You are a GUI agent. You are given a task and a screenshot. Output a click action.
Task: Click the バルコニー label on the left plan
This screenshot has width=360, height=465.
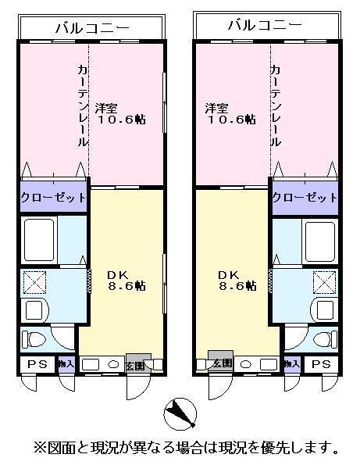coord(91,28)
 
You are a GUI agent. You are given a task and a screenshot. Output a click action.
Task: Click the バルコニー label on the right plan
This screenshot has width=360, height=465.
coord(265,26)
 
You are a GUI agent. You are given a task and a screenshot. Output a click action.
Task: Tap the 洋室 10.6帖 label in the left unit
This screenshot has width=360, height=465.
coord(120,113)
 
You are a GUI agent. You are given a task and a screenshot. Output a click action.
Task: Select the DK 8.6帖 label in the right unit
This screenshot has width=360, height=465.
coord(237,281)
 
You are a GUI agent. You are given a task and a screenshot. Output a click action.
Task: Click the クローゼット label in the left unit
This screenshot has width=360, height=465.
coord(53,198)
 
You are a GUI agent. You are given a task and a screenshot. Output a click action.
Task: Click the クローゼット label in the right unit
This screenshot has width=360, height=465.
coord(305,197)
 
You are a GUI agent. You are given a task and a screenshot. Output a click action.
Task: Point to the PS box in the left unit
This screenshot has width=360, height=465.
coord(36,365)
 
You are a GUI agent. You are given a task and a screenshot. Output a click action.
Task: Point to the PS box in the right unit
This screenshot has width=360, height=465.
coord(320,365)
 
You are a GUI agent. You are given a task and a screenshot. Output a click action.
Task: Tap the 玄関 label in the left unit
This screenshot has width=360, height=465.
coord(134,366)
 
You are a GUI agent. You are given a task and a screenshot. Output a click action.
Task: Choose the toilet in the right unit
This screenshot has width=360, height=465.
coord(321,339)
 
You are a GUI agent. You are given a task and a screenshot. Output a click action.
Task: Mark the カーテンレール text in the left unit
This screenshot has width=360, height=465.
coord(83,106)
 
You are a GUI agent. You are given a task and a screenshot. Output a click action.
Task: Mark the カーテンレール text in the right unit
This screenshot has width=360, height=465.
coord(276,106)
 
